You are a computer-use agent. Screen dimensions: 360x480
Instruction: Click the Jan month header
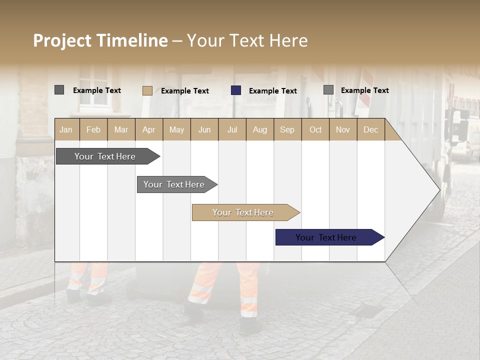[66, 129]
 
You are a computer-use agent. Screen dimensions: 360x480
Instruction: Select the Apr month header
[149, 129]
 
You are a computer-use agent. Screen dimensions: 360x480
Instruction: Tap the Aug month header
[260, 129]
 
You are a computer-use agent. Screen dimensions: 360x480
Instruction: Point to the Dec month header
[370, 129]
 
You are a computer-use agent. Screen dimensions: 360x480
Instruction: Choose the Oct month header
[315, 129]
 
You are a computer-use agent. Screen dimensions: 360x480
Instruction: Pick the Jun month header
[204, 129]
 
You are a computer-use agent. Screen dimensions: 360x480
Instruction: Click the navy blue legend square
[236, 90]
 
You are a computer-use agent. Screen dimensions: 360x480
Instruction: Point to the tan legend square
[147, 90]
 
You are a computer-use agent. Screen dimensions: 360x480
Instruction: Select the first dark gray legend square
[59, 90]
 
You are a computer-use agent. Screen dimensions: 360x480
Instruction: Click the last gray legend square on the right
[328, 90]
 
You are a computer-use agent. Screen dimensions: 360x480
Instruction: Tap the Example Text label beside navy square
[272, 91]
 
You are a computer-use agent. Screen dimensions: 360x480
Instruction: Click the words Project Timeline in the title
[100, 40]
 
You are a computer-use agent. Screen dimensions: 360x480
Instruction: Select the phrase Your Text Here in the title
[247, 40]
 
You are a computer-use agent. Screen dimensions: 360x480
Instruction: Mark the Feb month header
[93, 129]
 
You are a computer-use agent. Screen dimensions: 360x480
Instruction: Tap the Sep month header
[287, 129]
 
